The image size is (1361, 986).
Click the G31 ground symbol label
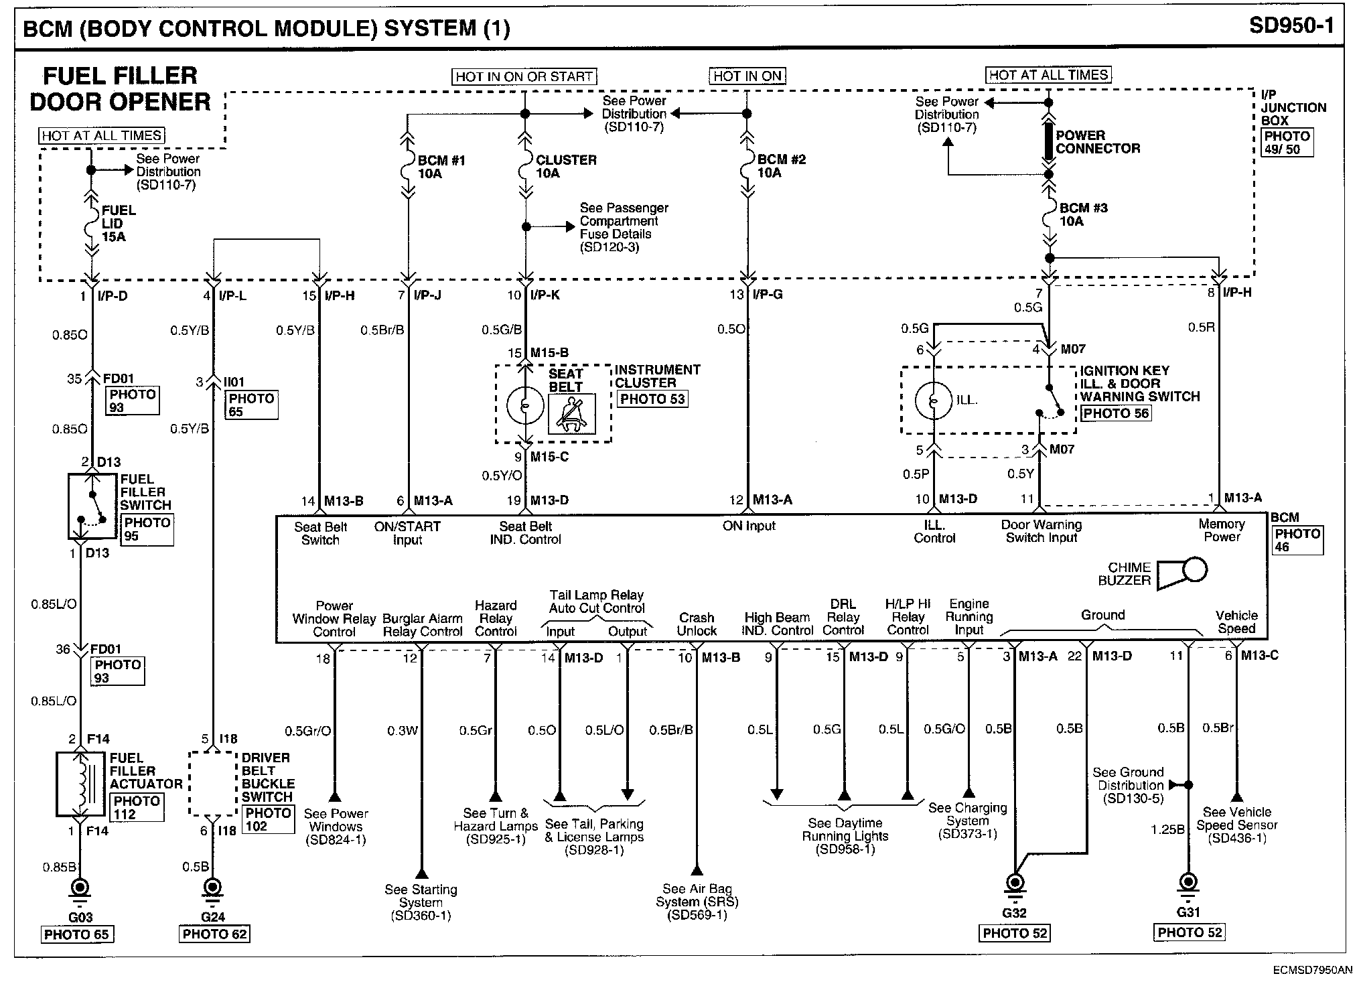[1188, 912]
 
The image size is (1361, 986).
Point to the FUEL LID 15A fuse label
[118, 223]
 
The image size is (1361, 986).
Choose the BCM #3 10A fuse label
[1083, 214]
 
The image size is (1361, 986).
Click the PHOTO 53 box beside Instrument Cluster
[652, 399]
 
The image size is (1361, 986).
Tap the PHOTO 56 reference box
[1116, 413]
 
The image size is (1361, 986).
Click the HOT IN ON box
[747, 76]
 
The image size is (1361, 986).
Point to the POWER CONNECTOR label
[1098, 142]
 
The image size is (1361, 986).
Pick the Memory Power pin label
[1222, 531]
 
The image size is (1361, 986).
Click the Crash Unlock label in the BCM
[697, 624]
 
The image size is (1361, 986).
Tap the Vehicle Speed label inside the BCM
[1236, 622]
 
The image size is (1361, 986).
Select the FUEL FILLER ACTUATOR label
[145, 771]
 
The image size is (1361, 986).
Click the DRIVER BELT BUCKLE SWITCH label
[267, 777]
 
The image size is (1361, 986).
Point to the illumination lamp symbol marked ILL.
[933, 401]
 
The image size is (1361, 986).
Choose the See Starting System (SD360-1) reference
[421, 902]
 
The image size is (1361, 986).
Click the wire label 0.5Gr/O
[308, 731]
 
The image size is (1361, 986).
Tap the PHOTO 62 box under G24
[214, 934]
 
